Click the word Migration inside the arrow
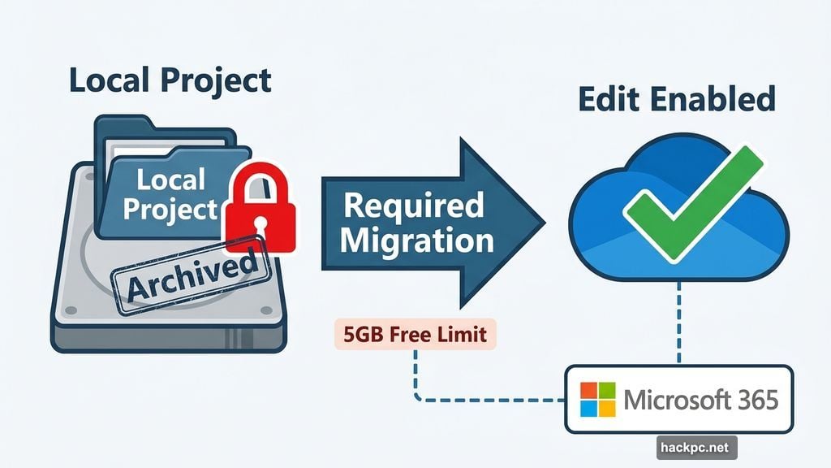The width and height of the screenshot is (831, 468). tap(417, 240)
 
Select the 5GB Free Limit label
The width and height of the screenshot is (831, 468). tap(414, 335)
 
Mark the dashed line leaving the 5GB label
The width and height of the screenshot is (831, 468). tap(415, 374)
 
